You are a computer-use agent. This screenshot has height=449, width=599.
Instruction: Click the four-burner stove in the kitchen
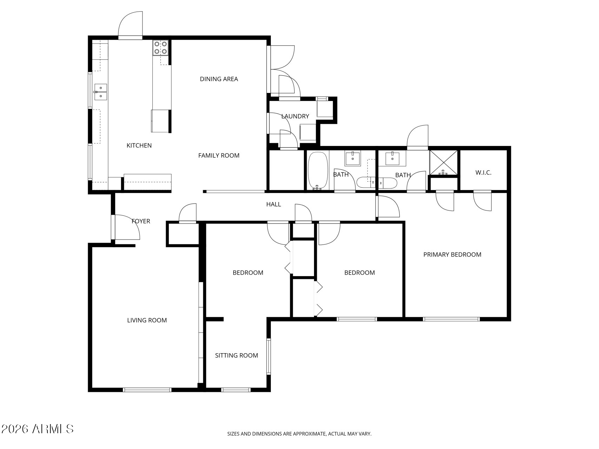tap(161, 48)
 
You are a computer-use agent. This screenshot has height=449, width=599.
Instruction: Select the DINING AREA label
tap(219, 79)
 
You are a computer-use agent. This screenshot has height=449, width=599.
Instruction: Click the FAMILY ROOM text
tap(219, 155)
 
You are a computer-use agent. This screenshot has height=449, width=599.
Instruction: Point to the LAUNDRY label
tap(295, 116)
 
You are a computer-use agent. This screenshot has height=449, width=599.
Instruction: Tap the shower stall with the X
tap(444, 162)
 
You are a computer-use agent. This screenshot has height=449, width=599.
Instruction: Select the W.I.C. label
tap(483, 173)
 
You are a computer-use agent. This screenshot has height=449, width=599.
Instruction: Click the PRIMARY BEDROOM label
tap(452, 255)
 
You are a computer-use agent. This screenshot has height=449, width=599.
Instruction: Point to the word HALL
tap(273, 204)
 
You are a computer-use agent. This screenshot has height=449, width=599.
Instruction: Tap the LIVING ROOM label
tap(147, 320)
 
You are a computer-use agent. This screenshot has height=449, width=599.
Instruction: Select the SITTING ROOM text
tap(237, 355)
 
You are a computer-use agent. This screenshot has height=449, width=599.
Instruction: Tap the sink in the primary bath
tap(392, 159)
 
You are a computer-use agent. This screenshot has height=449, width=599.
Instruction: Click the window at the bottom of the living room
tap(147, 390)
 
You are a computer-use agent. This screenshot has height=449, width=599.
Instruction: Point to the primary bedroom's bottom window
tap(451, 319)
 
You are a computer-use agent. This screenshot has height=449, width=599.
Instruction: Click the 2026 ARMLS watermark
tap(37, 429)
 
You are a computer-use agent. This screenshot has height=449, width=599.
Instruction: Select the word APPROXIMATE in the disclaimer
tap(309, 434)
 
